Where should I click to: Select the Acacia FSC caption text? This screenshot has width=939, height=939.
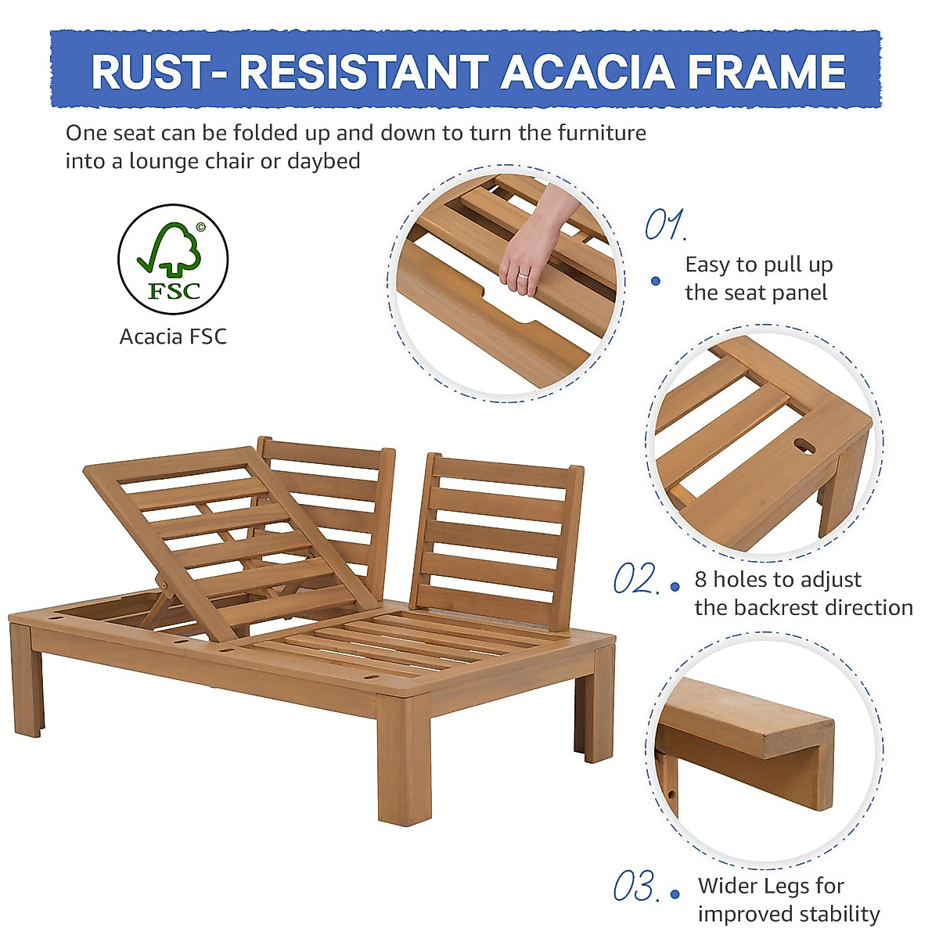(173, 336)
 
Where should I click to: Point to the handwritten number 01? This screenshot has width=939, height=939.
(664, 225)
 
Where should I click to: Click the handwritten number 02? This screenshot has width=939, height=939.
(635, 580)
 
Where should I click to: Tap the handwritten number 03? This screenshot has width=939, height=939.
(635, 887)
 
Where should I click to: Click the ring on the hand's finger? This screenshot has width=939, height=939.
(523, 275)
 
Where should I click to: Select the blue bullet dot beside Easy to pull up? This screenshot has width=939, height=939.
(656, 281)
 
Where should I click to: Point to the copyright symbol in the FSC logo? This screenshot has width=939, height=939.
(200, 228)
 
